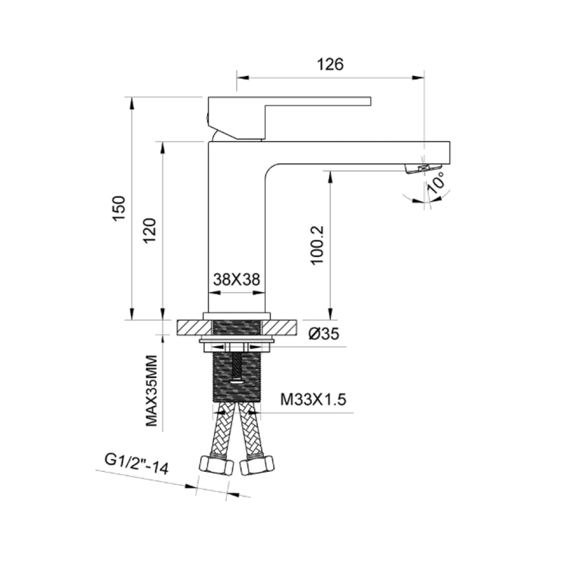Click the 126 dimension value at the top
point(330,64)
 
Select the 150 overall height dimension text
point(119,208)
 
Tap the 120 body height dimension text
point(149,231)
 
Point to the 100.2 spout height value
point(317,245)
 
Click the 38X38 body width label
point(237,279)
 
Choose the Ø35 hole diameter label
point(324,334)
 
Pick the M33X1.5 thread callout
point(313,400)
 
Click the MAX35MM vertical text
point(151,391)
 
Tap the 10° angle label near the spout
point(435,182)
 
